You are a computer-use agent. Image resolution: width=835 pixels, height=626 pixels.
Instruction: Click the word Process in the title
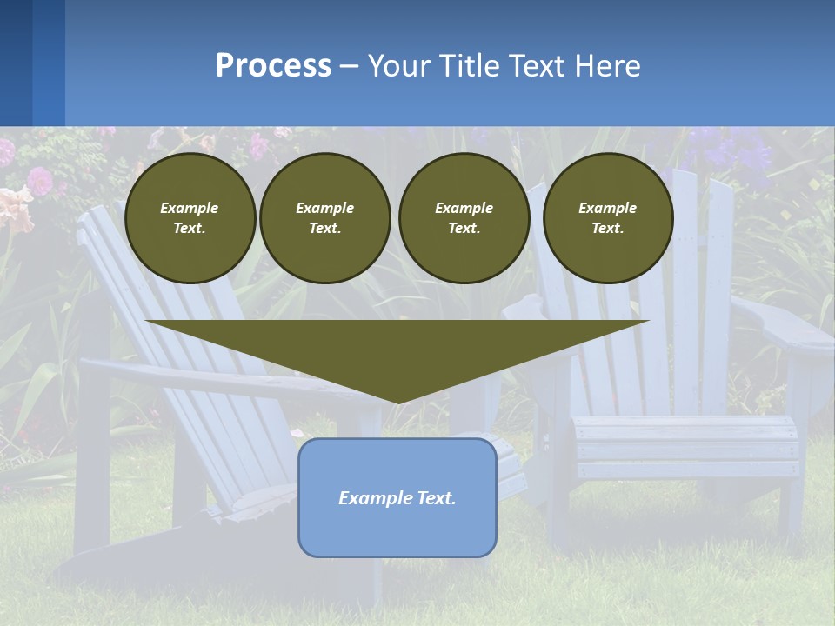(x=273, y=66)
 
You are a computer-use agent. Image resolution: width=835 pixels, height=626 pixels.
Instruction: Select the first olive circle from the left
(x=190, y=218)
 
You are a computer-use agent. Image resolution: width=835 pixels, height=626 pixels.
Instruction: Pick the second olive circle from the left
(x=325, y=218)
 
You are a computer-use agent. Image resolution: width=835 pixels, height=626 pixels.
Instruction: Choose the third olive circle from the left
(x=464, y=218)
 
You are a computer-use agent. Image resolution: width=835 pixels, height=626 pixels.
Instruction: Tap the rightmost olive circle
(x=608, y=218)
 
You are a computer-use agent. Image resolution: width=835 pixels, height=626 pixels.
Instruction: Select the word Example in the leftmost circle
(x=190, y=208)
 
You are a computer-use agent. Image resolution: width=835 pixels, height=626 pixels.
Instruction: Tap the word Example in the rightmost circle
(x=608, y=208)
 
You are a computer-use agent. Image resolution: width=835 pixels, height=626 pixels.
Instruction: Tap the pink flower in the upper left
(x=39, y=181)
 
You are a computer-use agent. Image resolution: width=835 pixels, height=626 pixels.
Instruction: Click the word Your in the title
(x=399, y=66)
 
